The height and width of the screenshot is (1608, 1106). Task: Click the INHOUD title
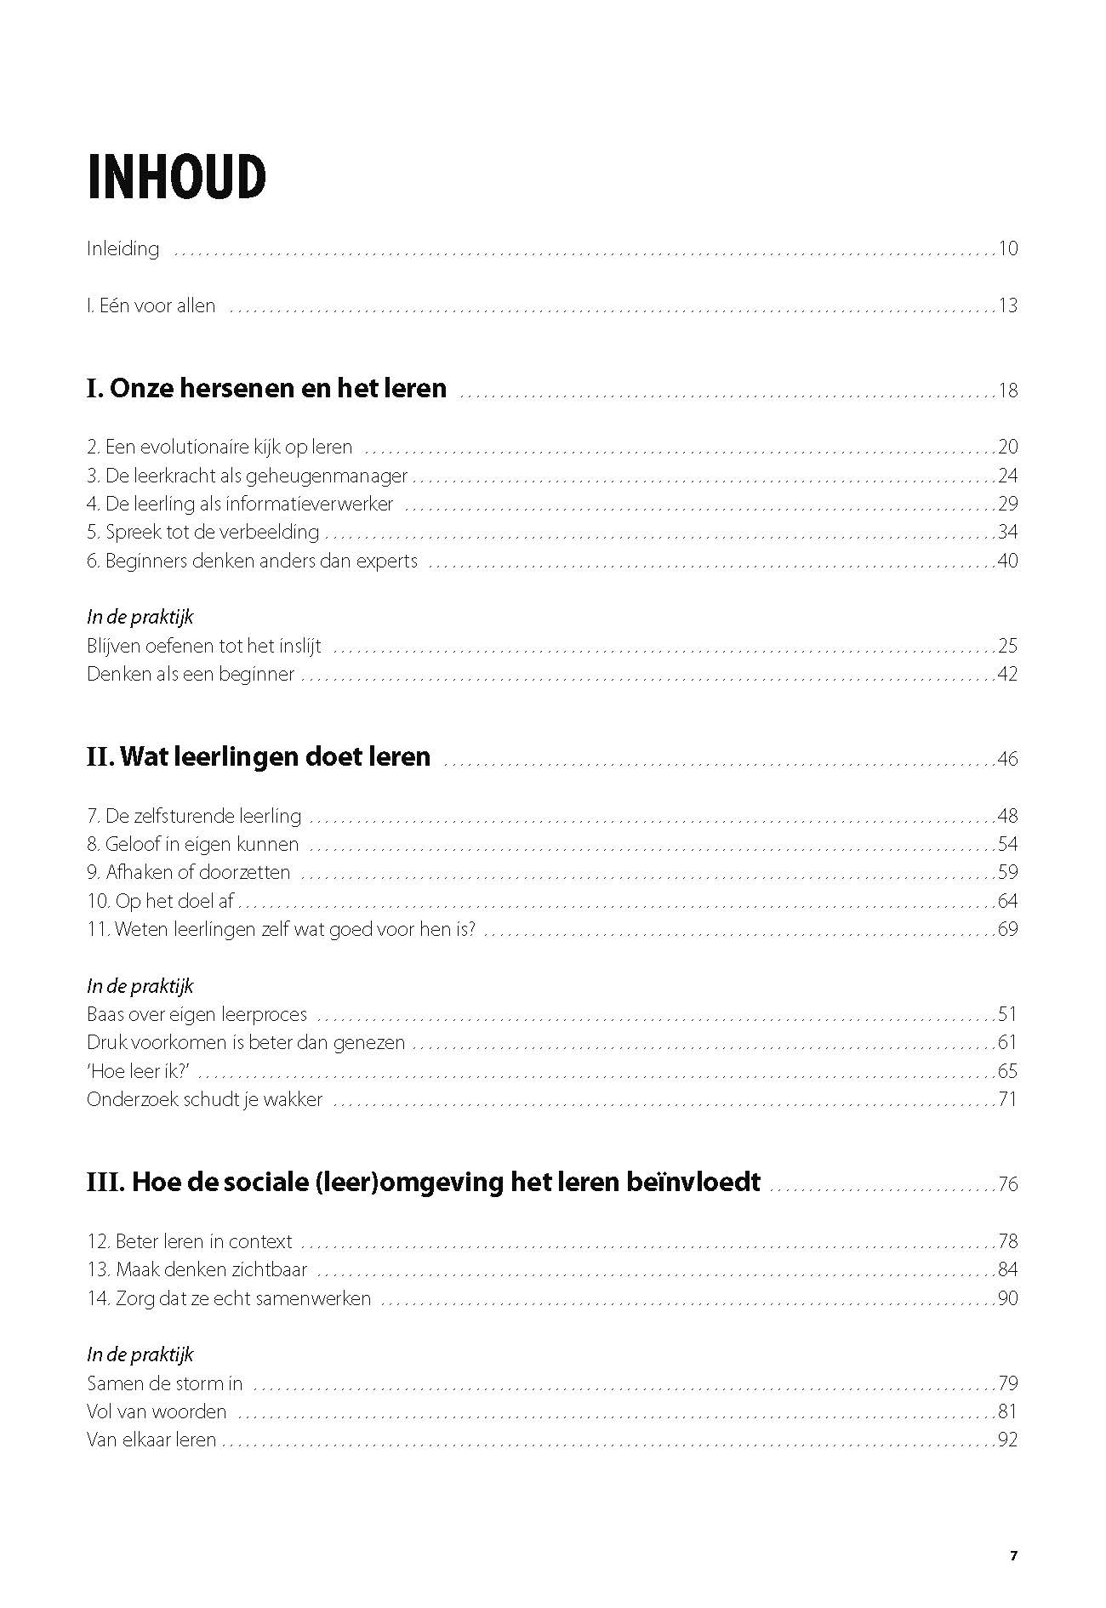[x=176, y=178]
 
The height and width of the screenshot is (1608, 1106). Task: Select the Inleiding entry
[x=123, y=249]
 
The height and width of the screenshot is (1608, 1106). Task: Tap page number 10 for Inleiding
[x=1008, y=249]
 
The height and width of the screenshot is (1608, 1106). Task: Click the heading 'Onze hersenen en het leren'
[x=266, y=389]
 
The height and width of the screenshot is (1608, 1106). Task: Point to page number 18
[x=1008, y=391]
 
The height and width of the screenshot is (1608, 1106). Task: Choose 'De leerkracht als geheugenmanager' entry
[x=248, y=476]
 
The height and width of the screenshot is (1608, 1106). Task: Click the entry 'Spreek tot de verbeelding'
[x=203, y=533]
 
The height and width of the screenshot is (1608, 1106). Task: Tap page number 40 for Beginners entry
[x=1008, y=561]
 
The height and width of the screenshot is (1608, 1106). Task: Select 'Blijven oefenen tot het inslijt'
[x=204, y=646]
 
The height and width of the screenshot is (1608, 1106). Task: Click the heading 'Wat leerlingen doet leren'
[x=259, y=757]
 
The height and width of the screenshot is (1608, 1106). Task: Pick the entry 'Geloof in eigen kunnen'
[x=193, y=845]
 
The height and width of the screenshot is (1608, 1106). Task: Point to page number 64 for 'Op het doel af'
[x=1008, y=901]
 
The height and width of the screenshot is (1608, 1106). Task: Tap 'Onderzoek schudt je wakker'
[x=205, y=1099]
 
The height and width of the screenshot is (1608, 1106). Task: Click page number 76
[x=1008, y=1184]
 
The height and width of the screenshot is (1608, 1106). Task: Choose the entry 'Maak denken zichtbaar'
[x=197, y=1270]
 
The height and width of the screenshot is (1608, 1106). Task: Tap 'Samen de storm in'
[x=165, y=1383]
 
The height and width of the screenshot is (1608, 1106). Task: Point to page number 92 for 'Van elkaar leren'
[x=1008, y=1440]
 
